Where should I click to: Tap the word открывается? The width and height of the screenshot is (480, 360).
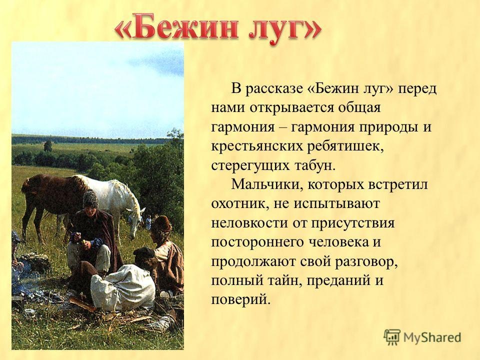click(x=293, y=108)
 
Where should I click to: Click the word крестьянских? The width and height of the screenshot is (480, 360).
click(x=257, y=146)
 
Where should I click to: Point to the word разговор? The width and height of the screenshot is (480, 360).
click(x=366, y=262)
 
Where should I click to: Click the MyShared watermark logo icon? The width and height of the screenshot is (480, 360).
click(x=392, y=337)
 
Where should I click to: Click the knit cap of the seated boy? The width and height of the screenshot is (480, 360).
click(x=90, y=198)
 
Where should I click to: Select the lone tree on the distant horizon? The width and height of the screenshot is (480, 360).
click(x=48, y=145)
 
